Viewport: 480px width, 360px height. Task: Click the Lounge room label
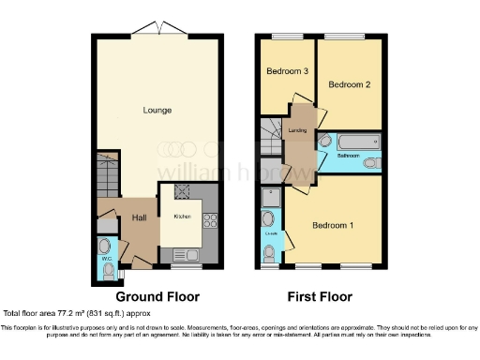(x=157, y=111)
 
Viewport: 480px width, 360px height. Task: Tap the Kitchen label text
(x=182, y=217)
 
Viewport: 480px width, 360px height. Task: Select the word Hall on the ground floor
(x=139, y=218)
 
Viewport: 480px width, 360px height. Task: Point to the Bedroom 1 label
(x=333, y=226)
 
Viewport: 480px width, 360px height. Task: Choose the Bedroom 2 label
(x=348, y=85)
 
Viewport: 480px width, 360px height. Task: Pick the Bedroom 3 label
(x=285, y=72)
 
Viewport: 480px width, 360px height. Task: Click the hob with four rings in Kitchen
(x=210, y=222)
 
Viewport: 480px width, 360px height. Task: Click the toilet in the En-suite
(x=270, y=252)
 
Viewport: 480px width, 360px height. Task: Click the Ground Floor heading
(x=157, y=296)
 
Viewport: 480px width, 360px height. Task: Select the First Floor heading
(x=320, y=296)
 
